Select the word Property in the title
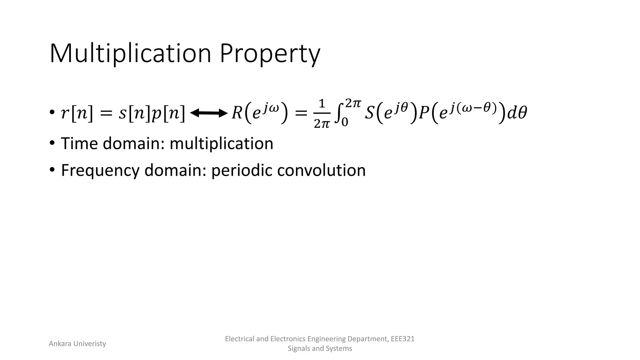270,54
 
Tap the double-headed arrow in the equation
208,113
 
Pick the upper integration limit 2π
353,103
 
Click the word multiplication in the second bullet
221,143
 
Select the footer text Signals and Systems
320,348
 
